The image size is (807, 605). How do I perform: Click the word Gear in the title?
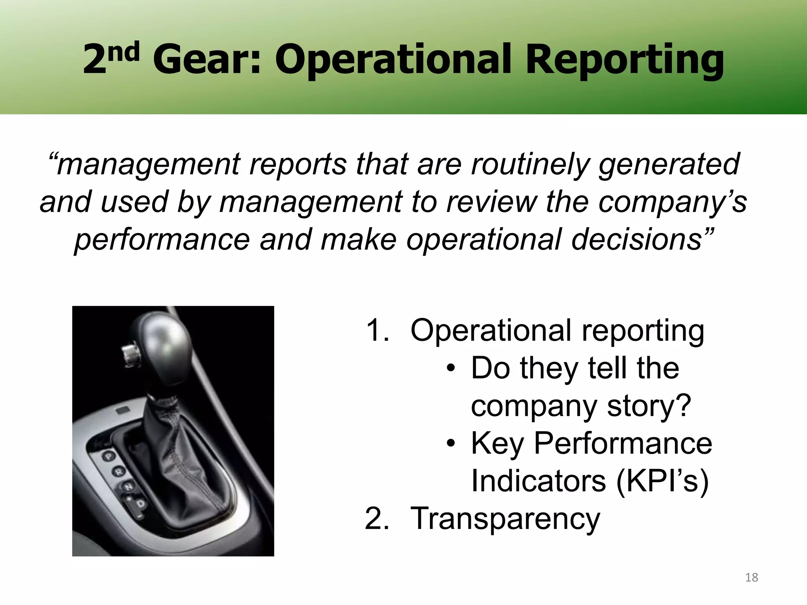tap(206, 60)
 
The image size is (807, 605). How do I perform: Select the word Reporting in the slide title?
tap(625, 61)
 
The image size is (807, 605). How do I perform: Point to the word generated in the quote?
tap(669, 165)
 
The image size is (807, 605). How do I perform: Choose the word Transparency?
tap(505, 519)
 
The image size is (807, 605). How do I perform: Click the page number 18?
tap(751, 577)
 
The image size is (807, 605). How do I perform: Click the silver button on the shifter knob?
tap(128, 352)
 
